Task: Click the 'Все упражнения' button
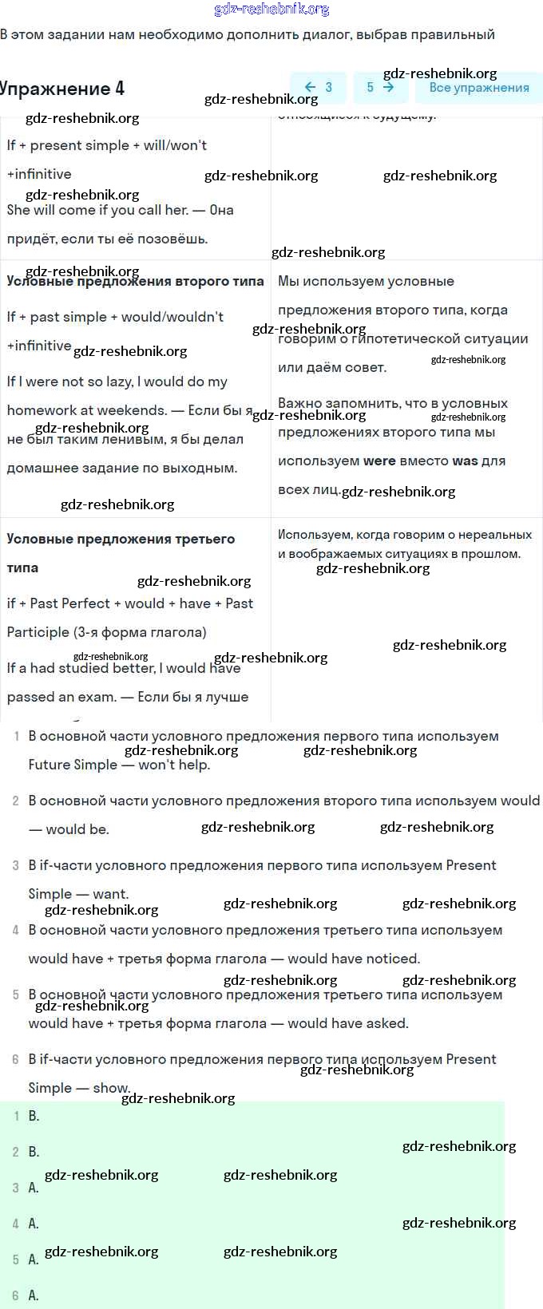(479, 88)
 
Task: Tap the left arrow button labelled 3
(318, 88)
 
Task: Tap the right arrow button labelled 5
(380, 88)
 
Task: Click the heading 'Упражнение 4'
(62, 89)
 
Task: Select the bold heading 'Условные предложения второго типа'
(135, 281)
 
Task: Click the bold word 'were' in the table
(379, 461)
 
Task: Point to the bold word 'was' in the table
(465, 461)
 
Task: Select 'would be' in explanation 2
(77, 829)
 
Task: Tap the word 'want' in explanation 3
(109, 894)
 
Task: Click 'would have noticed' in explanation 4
(353, 959)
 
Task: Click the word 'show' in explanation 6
(110, 1088)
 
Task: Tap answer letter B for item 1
(34, 1116)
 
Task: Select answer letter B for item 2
(34, 1152)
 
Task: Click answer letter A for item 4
(34, 1224)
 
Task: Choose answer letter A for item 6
(34, 1295)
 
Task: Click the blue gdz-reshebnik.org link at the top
(271, 10)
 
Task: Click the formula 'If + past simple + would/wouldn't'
(115, 317)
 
